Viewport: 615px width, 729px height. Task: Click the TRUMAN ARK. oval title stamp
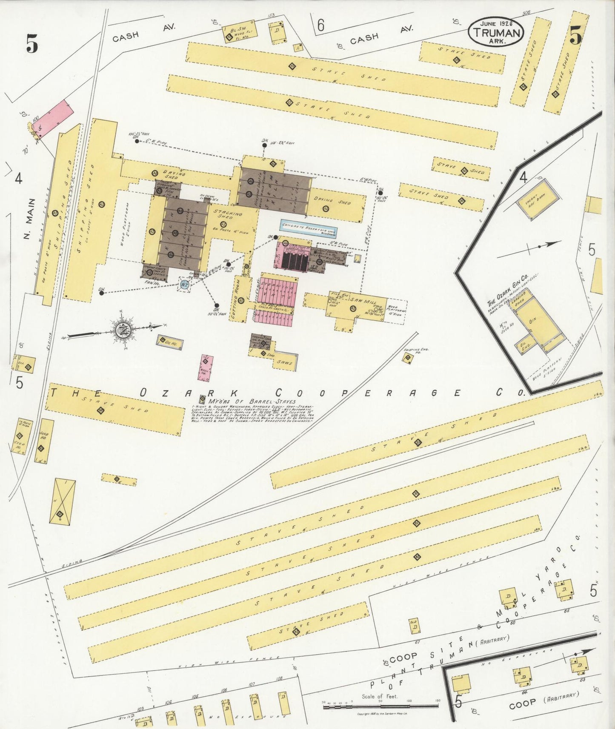tap(496, 32)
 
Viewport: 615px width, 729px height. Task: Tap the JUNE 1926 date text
tap(496, 23)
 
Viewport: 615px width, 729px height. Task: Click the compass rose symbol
tap(123, 329)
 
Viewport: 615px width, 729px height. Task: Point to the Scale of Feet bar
tap(380, 706)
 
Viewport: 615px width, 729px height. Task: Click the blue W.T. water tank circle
tap(184, 285)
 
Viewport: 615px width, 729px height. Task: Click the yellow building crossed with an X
tap(63, 501)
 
